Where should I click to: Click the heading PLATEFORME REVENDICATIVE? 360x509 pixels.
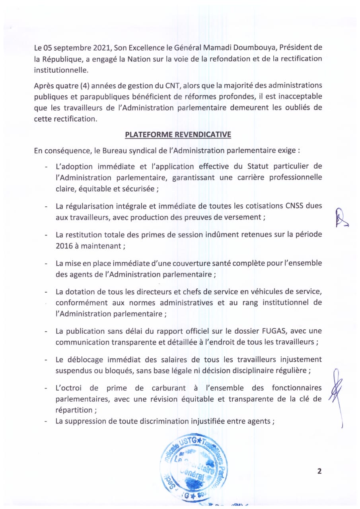[178, 134]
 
